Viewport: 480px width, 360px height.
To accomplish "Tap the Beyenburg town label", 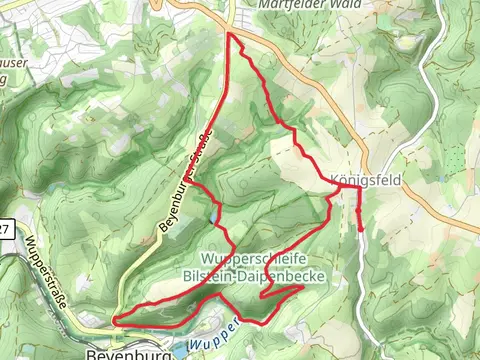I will (x=118, y=353).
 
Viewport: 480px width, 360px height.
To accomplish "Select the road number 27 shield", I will (x=4, y=230).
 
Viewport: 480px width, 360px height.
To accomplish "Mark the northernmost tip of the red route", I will (x=231, y=34).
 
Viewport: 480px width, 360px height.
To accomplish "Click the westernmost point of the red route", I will (x=114, y=320).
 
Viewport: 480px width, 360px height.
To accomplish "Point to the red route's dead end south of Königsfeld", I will (x=360, y=229).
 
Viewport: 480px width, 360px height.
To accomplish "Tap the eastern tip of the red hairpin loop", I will (x=302, y=288).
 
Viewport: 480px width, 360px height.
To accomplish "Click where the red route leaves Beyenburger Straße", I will (x=193, y=185).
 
